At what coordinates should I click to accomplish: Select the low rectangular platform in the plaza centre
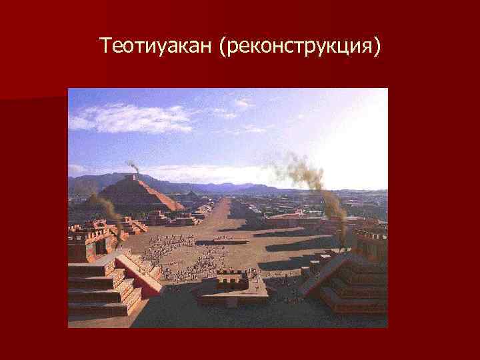pyautogui.click(x=231, y=239)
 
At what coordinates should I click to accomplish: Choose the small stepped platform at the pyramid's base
pyautogui.click(x=160, y=218)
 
